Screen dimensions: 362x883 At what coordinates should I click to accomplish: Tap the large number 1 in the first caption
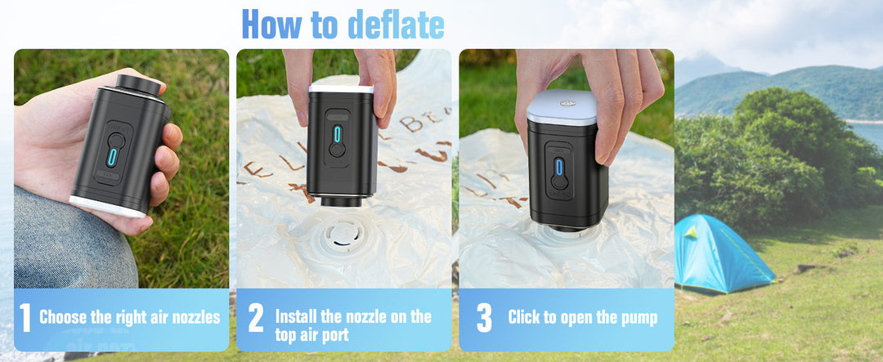pos(25,319)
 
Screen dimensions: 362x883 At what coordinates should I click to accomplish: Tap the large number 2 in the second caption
pos(255,319)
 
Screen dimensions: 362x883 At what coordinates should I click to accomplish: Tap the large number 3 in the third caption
pos(484,319)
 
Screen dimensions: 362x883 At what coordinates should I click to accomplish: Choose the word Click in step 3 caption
pos(524,318)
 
